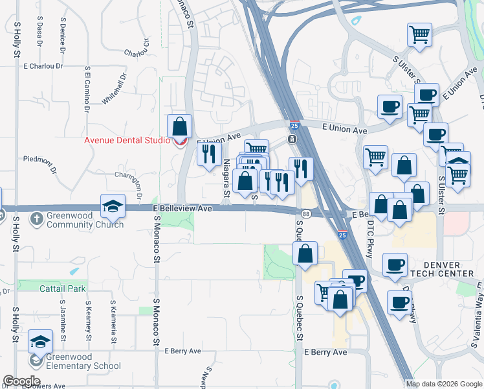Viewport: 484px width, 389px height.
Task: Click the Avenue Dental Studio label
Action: [127, 141]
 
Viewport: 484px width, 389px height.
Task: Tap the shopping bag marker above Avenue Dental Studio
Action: [180, 126]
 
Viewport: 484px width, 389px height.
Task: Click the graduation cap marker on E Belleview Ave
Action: [113, 206]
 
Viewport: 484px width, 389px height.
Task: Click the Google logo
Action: [21, 381]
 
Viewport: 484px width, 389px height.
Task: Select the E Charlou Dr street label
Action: [43, 66]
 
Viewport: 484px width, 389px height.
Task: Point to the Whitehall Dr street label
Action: [115, 88]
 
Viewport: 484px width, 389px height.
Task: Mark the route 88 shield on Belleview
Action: [305, 213]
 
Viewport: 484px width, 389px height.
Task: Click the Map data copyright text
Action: [444, 384]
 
